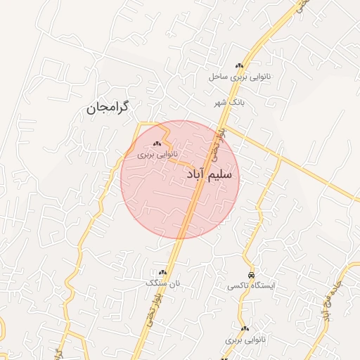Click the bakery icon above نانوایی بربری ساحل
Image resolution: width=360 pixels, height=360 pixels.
pos(240,66)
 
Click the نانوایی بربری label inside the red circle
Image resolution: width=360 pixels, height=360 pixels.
pos(157,153)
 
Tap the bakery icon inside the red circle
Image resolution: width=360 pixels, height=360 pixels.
pos(156,143)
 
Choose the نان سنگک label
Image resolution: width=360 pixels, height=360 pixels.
pos(163,283)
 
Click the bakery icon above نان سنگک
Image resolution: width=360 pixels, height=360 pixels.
pos(163,272)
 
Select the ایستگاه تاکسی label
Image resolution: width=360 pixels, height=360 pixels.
pos(252,286)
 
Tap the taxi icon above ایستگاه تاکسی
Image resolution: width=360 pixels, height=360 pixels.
pos(251,274)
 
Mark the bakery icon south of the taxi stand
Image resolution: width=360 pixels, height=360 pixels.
pos(245,328)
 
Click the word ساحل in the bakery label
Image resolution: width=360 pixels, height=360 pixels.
pos(217,76)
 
